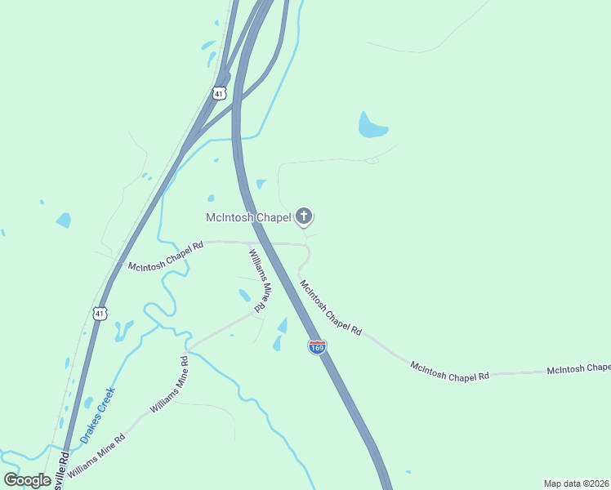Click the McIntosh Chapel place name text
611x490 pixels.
pyautogui.click(x=248, y=217)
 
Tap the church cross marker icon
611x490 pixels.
pyautogui.click(x=304, y=216)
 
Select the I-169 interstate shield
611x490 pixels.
pyautogui.click(x=318, y=348)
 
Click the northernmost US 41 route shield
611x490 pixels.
pyautogui.click(x=218, y=93)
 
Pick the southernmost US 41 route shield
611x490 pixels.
pyautogui.click(x=99, y=314)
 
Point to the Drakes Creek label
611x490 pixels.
pyautogui.click(x=97, y=415)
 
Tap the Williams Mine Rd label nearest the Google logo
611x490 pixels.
pyautogui.click(x=96, y=457)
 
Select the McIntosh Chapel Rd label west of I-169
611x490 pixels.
pyautogui.click(x=166, y=255)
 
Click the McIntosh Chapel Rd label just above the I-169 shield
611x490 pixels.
pyautogui.click(x=330, y=308)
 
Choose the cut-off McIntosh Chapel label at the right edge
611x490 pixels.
pyautogui.click(x=578, y=369)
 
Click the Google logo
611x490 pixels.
pyautogui.click(x=27, y=480)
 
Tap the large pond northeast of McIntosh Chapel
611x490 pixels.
pyautogui.click(x=372, y=126)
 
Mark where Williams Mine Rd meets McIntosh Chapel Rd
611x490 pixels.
pyautogui.click(x=249, y=243)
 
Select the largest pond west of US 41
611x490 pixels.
pyautogui.click(x=63, y=220)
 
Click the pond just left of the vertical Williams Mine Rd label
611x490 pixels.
pyautogui.click(x=244, y=295)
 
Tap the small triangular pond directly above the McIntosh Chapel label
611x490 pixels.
pyautogui.click(x=261, y=184)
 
